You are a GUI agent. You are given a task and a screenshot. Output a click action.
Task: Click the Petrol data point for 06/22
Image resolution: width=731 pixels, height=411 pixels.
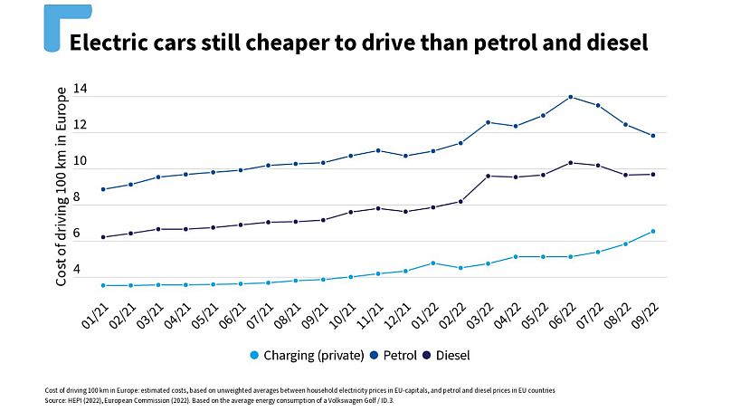coord(570,97)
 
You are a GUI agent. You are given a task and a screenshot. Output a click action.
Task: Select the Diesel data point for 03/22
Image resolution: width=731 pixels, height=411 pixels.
coord(488,176)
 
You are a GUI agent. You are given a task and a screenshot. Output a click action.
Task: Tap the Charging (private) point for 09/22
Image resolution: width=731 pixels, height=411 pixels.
coord(652,231)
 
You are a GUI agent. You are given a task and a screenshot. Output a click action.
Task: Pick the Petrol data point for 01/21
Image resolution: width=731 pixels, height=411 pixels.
coord(103,189)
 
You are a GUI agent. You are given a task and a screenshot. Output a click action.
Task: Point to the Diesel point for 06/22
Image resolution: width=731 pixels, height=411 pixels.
coord(570,163)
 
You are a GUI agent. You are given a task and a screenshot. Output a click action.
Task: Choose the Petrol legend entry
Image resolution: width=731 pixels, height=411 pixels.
coord(397,355)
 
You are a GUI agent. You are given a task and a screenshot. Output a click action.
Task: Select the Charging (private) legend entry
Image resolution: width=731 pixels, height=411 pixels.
coord(309,355)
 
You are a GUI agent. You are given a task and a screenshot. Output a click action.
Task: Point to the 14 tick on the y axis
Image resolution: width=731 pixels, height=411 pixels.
coord(80,90)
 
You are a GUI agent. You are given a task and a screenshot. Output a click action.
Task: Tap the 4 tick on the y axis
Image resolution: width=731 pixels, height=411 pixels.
coord(80,271)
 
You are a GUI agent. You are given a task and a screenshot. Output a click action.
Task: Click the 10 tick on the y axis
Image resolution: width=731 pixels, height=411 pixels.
coord(80,162)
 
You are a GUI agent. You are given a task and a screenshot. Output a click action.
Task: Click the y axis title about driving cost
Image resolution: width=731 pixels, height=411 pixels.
coord(62,186)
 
